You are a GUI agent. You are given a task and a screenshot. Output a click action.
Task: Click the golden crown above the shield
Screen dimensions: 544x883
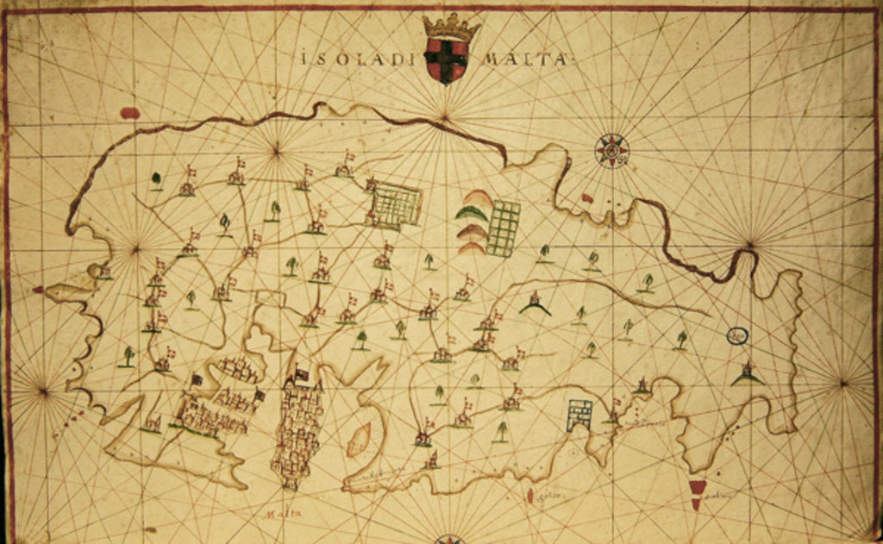click(451, 26)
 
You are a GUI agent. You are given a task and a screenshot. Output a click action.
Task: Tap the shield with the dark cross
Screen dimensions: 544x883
click(447, 59)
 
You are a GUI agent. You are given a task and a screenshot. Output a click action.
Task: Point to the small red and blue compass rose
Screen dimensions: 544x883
click(612, 151)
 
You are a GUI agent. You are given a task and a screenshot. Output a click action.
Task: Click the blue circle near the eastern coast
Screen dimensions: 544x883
click(736, 335)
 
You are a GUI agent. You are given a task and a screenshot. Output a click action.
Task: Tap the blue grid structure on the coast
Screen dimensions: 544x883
click(580, 414)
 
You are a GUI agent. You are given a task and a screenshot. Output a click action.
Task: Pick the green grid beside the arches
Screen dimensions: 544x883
click(504, 228)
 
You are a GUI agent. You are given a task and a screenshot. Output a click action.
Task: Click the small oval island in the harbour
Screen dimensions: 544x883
click(360, 439)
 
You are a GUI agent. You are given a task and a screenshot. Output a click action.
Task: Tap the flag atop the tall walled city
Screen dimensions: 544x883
click(302, 375)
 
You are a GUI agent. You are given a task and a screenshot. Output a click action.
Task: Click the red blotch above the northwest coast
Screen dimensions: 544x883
click(130, 113)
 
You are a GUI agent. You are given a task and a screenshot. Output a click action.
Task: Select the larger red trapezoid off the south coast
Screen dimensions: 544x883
click(697, 487)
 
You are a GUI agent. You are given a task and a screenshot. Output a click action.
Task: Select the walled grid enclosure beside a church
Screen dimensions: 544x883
click(397, 206)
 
